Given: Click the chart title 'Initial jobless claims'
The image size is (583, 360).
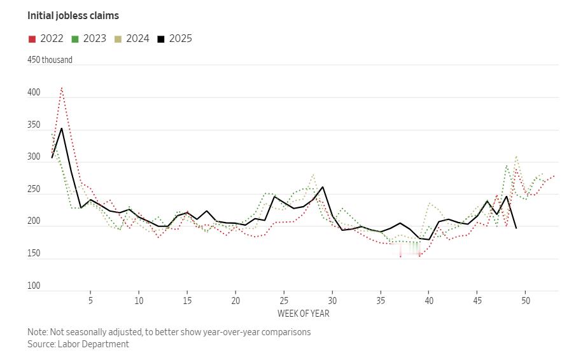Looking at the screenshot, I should (73, 15).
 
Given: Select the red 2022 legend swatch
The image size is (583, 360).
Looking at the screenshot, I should (32, 39).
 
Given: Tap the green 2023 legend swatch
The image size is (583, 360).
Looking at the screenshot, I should (74, 39).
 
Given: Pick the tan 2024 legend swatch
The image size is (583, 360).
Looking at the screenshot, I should (118, 39).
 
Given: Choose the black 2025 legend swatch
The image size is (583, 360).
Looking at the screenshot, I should (161, 39).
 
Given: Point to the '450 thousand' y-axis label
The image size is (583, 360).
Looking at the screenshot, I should (50, 60).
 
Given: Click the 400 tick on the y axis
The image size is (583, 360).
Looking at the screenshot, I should (34, 93).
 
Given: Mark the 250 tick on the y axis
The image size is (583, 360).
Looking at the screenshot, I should (34, 190).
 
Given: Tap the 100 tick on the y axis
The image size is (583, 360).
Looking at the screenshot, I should (34, 286).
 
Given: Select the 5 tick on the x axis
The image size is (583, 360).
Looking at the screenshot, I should (90, 300).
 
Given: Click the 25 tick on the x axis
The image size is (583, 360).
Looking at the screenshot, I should (284, 300).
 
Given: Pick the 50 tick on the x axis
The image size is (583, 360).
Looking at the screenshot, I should (526, 300).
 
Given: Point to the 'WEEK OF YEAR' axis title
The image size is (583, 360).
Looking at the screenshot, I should (304, 314).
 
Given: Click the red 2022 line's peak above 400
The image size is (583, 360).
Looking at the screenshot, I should (62, 88).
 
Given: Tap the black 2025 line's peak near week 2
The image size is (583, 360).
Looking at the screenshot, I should (62, 128).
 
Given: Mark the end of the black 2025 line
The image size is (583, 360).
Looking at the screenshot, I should (516, 228).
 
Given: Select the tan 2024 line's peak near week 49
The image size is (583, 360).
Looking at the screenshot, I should (516, 156).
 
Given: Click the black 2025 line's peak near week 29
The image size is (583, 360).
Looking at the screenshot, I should (323, 187).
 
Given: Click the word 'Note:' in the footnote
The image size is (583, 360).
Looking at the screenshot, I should (38, 332).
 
